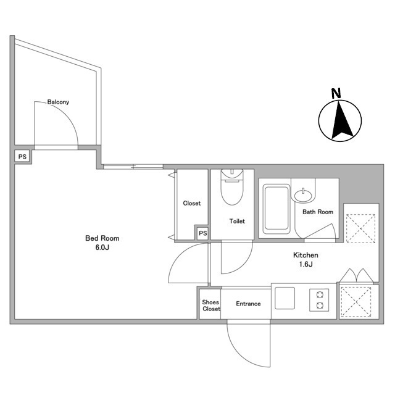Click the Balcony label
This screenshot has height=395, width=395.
point(58,102)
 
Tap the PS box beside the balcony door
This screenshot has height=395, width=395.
point(22,157)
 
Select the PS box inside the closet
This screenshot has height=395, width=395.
point(203,233)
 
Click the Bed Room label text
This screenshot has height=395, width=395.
point(102,238)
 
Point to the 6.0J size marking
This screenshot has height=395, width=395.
point(102,247)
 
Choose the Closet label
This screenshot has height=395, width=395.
point(192,203)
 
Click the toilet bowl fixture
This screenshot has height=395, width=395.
point(232,186)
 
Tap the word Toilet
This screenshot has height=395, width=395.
point(237,221)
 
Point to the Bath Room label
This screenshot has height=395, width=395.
point(318,212)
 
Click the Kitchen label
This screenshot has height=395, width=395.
point(306,255)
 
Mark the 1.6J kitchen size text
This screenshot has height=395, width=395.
point(306,264)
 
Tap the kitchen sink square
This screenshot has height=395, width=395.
point(285,298)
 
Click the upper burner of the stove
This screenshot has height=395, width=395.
point(320,294)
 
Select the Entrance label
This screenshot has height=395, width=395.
point(248,304)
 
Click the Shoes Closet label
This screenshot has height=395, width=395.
point(211,306)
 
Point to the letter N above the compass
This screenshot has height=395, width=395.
point(336,93)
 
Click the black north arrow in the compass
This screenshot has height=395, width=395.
point(342,120)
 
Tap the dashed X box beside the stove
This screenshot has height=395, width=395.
point(355,302)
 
